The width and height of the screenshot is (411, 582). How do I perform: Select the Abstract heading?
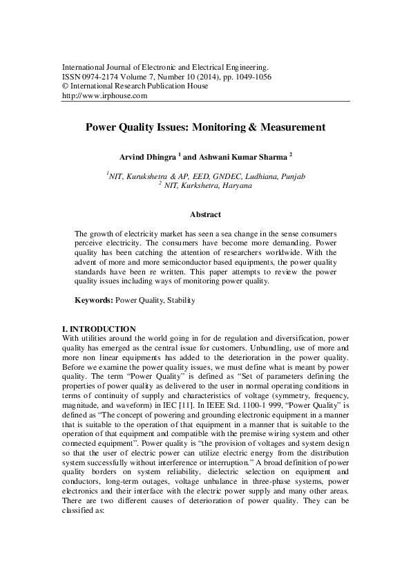pyautogui.click(x=205, y=215)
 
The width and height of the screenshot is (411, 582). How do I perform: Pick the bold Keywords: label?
pyautogui.click(x=93, y=301)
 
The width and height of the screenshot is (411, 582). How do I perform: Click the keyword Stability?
pyautogui.click(x=181, y=301)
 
